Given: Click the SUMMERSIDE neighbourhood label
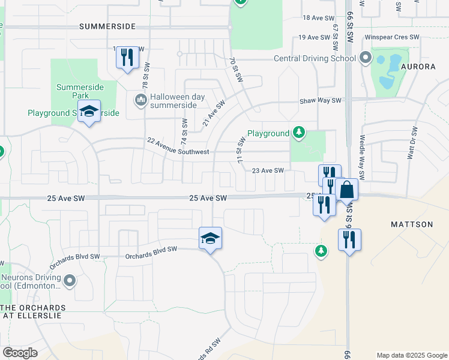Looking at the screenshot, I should click(107, 27).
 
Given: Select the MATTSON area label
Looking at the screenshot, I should click(412, 224).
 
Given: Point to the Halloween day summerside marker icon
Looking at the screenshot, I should click(140, 98).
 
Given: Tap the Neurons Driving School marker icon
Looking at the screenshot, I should click(70, 280).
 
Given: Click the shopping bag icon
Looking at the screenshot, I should click(346, 189).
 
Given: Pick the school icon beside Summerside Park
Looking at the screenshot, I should click(89, 112).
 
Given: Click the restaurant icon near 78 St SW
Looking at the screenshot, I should click(127, 57).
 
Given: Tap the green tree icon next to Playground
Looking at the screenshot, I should click(298, 133).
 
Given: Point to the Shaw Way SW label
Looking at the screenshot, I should click(321, 101).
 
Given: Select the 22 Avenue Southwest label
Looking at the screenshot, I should click(178, 146).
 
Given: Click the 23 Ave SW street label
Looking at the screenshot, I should click(268, 171).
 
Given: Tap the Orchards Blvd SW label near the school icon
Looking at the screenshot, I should click(151, 253).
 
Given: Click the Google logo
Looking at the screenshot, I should click(20, 353).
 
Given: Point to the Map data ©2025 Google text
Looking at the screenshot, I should click(411, 355).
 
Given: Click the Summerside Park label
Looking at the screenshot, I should click(80, 91).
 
